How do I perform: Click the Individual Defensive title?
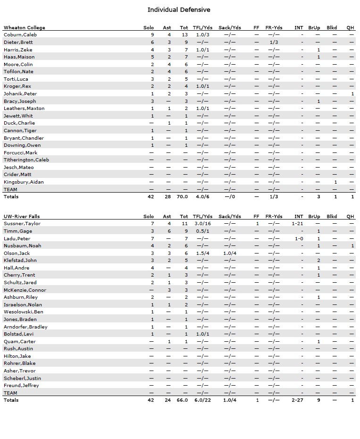pyautogui.click(x=179, y=10)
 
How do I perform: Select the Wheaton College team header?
pyautogui.click(x=25, y=28)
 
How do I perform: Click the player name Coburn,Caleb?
pyautogui.click(x=20, y=35)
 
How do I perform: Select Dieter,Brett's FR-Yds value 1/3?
pyautogui.click(x=274, y=42)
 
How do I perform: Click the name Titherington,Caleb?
pyautogui.click(x=26, y=160)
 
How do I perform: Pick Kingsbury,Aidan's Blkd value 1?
pyautogui.click(x=335, y=182)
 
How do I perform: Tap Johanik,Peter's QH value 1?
pyautogui.click(x=352, y=94)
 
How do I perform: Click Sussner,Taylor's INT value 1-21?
pyautogui.click(x=298, y=224)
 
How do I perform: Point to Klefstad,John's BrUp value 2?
pyautogui.click(x=318, y=261)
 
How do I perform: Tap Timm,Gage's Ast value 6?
pyautogui.click(x=169, y=231)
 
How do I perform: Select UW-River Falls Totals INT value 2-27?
pyautogui.click(x=298, y=400)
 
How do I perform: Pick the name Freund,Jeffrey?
pyautogui.click(x=21, y=386)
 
